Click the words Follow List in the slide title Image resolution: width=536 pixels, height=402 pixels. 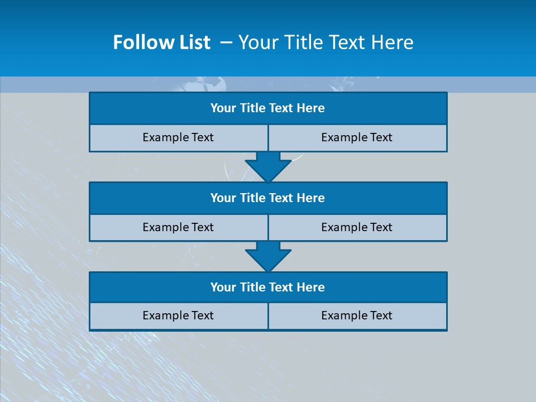162,42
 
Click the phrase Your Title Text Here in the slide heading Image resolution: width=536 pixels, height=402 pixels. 326,42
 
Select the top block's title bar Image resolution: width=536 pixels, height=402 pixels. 268,108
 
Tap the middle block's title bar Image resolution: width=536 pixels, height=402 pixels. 268,198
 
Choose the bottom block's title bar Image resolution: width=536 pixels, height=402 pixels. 268,288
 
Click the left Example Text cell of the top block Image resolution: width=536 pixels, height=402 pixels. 179,138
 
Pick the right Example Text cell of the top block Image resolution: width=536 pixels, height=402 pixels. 357,138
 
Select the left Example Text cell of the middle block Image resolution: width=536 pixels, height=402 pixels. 179,228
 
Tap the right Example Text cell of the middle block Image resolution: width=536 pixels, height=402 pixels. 357,228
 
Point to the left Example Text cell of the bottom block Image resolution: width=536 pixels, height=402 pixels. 179,316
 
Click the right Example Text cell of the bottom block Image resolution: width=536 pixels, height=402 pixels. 357,316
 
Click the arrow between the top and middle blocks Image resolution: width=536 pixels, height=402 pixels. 268,166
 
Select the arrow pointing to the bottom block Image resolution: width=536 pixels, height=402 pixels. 268,256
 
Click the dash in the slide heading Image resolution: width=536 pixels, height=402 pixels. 226,43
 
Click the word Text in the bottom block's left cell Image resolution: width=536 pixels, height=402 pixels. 201,316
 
